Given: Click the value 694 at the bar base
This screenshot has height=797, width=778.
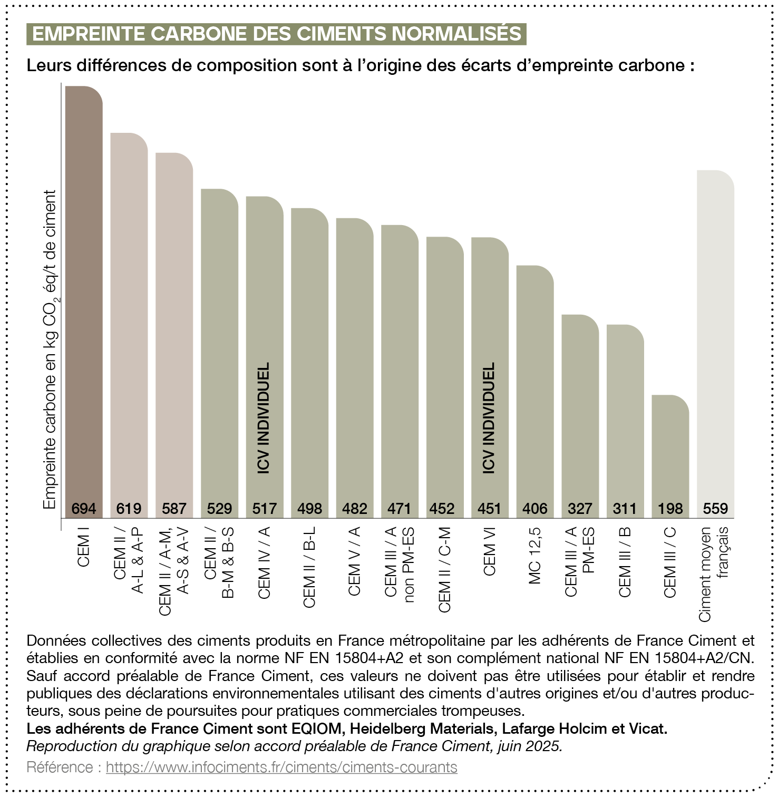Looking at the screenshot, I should [x=84, y=509].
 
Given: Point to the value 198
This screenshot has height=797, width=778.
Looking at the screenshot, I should [x=670, y=509].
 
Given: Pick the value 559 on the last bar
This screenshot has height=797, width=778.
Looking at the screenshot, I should [x=715, y=509].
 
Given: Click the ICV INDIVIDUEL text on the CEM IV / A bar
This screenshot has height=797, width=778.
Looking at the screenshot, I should [x=264, y=417].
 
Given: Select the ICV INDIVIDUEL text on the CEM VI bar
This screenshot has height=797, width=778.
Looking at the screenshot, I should [x=489, y=417].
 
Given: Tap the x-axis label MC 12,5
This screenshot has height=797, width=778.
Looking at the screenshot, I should [x=535, y=556].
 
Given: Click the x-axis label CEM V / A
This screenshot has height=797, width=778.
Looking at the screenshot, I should [x=354, y=561].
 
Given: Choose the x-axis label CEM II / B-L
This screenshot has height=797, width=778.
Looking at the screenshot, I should [x=309, y=567].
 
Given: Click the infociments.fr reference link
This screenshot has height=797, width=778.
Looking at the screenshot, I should [x=281, y=767].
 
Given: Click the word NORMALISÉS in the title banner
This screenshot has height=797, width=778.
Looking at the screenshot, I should [x=456, y=34].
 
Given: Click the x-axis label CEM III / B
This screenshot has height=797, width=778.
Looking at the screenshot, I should [x=625, y=562].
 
